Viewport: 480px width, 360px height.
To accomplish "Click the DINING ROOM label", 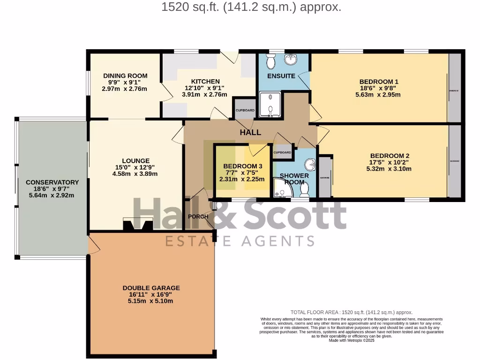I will point(125,75).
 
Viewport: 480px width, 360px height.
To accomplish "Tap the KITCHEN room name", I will point(205,81).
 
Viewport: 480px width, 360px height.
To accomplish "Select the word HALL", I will point(250,132).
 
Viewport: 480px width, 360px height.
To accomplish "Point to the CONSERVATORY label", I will point(52,182).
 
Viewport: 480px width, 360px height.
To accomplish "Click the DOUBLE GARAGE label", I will point(151,288).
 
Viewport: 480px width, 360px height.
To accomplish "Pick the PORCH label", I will point(198,217).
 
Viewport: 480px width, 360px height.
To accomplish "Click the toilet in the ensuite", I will point(271,61).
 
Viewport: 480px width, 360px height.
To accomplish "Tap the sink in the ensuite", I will point(292,59).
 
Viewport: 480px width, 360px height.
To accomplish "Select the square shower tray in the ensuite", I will point(270,104).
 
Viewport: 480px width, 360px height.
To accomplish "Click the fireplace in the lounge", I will point(137,225).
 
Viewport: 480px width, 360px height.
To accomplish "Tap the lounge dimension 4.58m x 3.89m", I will point(136,173).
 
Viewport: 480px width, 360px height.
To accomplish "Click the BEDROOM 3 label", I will point(242,166).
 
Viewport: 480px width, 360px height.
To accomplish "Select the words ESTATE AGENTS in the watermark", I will point(240,241).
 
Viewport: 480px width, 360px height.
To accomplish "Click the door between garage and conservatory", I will point(93,244).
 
